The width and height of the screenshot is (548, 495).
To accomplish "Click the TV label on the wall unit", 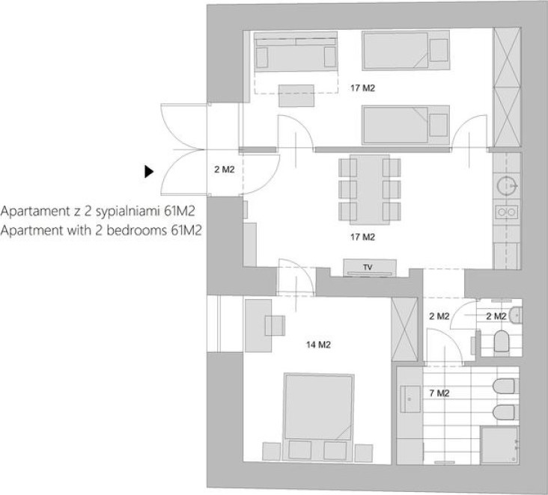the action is tap(368, 268).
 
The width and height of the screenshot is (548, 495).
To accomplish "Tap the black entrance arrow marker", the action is tap(149, 171).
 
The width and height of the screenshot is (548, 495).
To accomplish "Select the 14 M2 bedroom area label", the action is tap(318, 345).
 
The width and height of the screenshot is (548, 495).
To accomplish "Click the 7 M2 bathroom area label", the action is tap(439, 393).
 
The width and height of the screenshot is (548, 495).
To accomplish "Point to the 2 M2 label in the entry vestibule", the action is tap(225, 170).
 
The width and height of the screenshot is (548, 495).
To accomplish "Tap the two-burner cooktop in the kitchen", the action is tap(506, 212).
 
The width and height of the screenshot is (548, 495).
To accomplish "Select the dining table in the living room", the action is tap(370, 189).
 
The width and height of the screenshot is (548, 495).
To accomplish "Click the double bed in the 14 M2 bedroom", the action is tap(318, 417).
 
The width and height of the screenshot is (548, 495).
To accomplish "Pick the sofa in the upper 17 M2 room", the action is tap(296, 52).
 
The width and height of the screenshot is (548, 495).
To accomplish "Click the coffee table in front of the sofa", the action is tap(296, 96).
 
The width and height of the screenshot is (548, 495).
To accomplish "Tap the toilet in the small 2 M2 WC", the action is tap(502, 341).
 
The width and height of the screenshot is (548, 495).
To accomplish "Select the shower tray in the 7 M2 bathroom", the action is tap(500, 446).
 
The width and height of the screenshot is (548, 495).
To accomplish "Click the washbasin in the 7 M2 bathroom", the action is tap(410, 399).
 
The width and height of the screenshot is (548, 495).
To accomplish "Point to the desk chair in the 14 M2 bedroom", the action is tap(275, 325).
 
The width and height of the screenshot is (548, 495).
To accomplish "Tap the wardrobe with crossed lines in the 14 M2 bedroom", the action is tap(404, 330).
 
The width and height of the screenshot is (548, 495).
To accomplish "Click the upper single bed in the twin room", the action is tap(406, 50).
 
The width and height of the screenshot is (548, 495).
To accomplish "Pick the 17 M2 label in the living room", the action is tap(363, 237).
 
